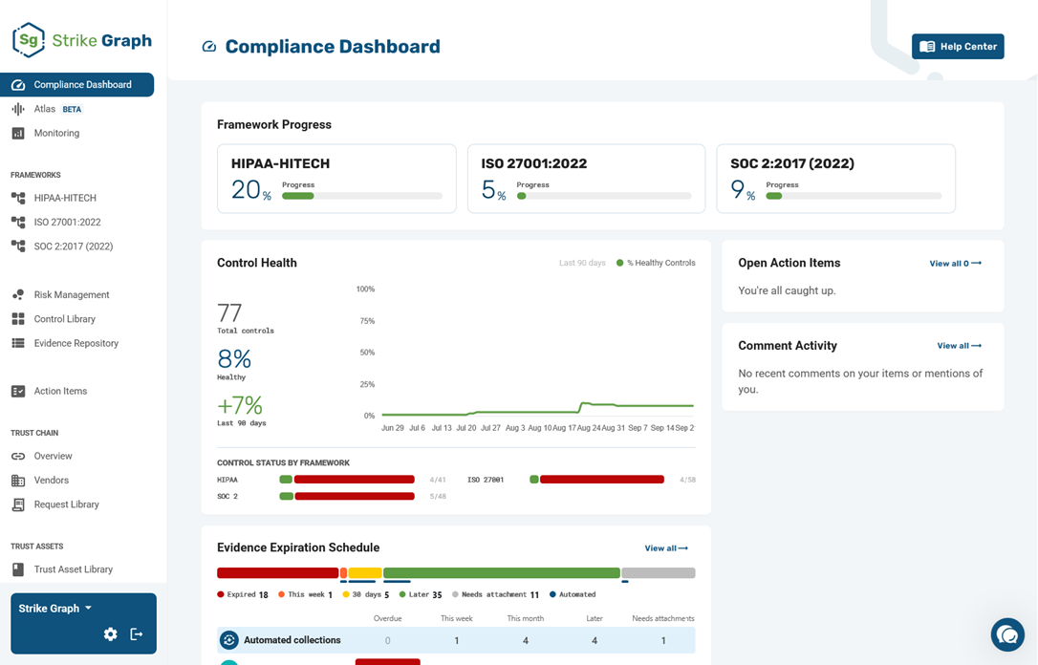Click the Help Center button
(x=958, y=46)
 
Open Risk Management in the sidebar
(x=72, y=294)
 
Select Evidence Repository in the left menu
(x=76, y=343)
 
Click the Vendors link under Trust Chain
(x=51, y=480)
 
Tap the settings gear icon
(x=111, y=633)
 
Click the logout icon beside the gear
(x=137, y=633)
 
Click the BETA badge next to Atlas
(x=72, y=109)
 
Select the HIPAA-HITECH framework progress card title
(x=280, y=163)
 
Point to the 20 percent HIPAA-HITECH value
(x=250, y=190)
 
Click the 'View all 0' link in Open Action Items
(x=955, y=264)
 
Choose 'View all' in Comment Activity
(x=960, y=346)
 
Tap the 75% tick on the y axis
(x=367, y=321)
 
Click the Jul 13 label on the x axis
(x=442, y=428)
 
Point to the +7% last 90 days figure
(x=240, y=405)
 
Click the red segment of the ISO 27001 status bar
(x=602, y=479)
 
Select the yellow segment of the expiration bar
(x=365, y=572)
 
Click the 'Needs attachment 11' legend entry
(x=495, y=594)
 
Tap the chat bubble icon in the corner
(x=1007, y=634)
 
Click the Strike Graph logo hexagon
(x=29, y=40)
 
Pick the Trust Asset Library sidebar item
(x=73, y=569)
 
